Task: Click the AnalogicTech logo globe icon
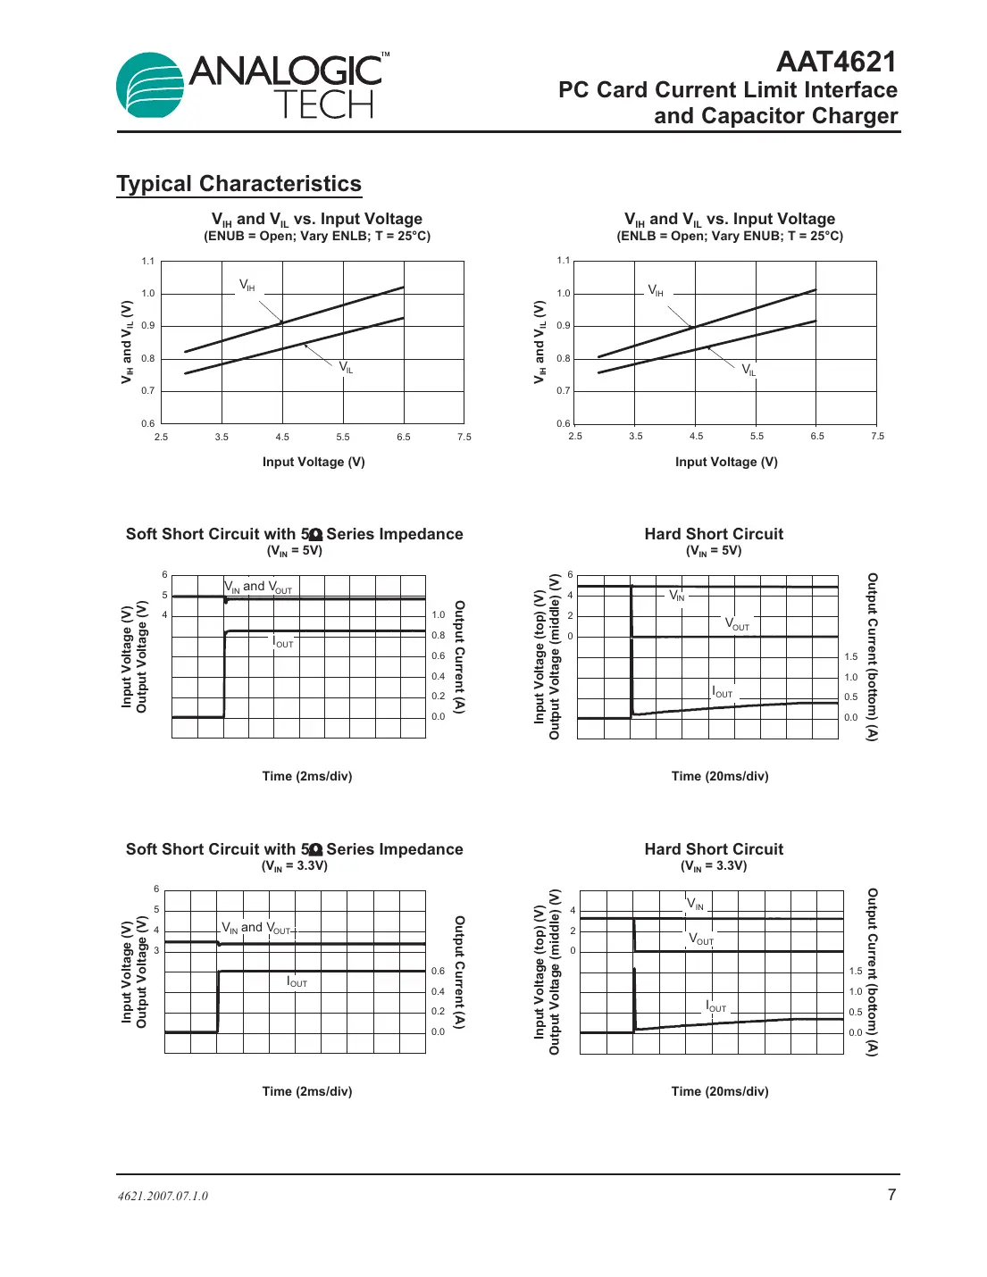tap(150, 87)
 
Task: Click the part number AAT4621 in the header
tap(836, 62)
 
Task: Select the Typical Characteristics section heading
tap(238, 184)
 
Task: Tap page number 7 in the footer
tap(891, 1195)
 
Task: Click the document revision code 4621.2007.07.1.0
tap(163, 1196)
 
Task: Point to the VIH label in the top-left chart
tap(247, 285)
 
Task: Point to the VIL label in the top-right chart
tap(749, 369)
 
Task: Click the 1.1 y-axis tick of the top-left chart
tap(148, 262)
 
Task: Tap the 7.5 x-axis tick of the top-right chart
tap(877, 436)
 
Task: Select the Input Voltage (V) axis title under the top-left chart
tap(314, 462)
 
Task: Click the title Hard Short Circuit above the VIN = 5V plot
tap(714, 534)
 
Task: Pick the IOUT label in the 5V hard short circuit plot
tap(722, 692)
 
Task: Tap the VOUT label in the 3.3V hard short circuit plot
tap(701, 939)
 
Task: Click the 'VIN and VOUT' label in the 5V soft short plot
tap(258, 587)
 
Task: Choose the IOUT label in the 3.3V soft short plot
tap(297, 981)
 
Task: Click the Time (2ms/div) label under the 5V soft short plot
tap(307, 776)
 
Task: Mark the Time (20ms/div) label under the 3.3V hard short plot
tap(720, 1091)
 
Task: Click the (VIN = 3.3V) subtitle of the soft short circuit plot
tap(295, 865)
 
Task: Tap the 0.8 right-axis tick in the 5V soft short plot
tap(438, 636)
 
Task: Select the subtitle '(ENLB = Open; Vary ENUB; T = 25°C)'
tap(730, 236)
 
